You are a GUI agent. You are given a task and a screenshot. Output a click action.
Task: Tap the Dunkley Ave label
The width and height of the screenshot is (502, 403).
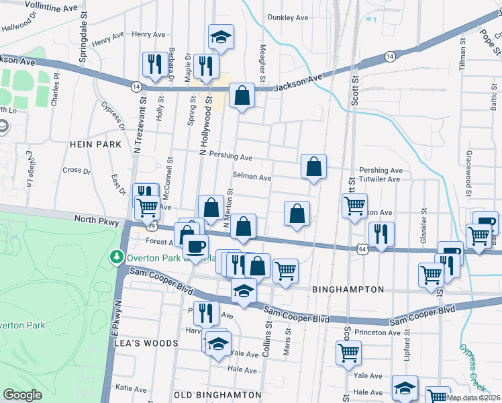[x=287, y=17]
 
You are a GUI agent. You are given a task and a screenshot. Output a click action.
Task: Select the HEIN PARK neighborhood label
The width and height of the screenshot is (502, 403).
[x=95, y=144]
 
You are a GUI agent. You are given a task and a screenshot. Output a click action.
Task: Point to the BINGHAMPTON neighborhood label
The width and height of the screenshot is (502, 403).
[x=348, y=289]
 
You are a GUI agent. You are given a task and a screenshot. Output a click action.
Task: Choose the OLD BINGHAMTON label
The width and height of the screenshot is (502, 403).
[x=217, y=394]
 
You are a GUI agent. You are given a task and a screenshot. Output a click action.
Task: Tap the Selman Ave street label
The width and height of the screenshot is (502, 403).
[x=252, y=178]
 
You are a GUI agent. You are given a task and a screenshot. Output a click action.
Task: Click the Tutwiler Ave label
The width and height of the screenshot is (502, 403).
[x=379, y=179]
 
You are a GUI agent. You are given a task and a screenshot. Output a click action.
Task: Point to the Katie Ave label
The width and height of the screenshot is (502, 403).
[x=131, y=388]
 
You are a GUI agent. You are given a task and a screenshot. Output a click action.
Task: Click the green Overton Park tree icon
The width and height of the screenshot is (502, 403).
[x=116, y=257]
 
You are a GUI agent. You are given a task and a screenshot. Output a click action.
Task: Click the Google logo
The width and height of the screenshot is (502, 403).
[x=23, y=395]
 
